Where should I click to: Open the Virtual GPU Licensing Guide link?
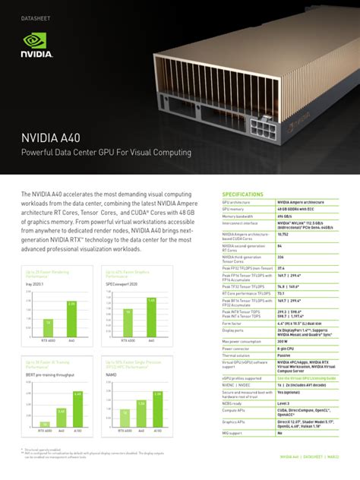[x=306, y=377]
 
